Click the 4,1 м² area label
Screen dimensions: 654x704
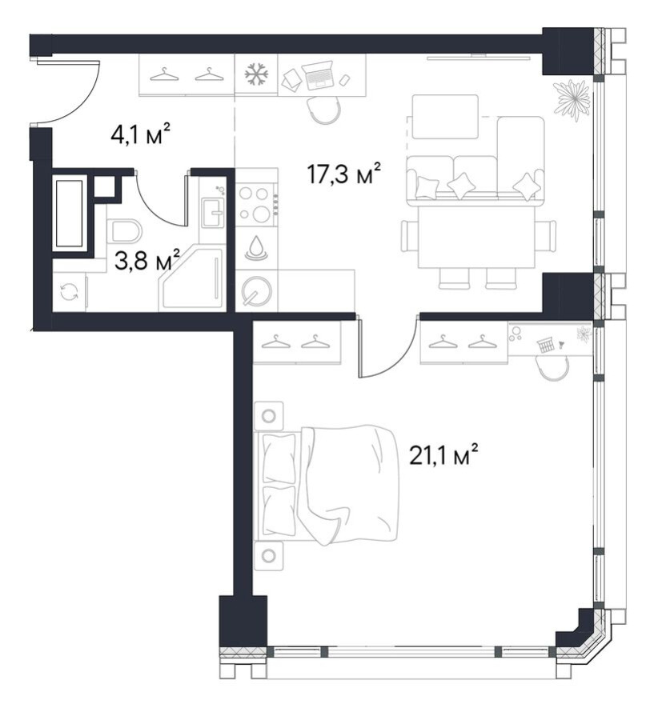coord(141,134)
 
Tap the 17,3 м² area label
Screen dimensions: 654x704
coord(344,174)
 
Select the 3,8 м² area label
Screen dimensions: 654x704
coord(147,260)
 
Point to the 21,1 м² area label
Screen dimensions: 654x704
coord(443,456)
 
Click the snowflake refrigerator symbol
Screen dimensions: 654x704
coord(256,74)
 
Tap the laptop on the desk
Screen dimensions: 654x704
coord(318,75)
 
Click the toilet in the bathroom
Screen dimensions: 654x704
coord(124,230)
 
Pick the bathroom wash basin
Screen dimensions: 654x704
coord(212,212)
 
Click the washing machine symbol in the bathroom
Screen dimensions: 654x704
coord(69,292)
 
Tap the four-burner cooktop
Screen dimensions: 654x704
coord(255,204)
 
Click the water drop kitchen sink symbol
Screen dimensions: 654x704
coord(256,247)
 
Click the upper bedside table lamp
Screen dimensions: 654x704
coord(269,416)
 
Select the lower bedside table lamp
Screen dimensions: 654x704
coord(269,556)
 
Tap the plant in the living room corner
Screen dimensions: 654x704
coord(572,98)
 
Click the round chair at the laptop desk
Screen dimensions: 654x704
coord(323,110)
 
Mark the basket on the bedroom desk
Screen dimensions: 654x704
coord(546,346)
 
